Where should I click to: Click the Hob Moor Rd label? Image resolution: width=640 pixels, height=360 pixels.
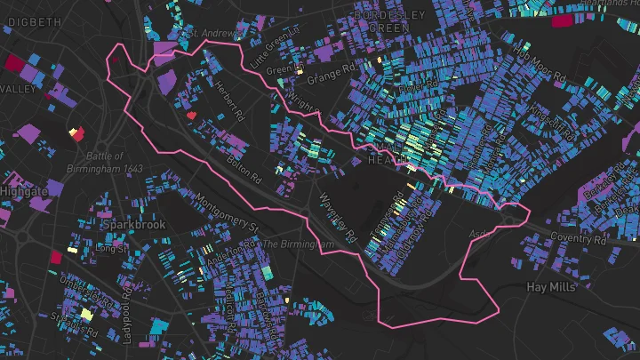[x=540, y=66]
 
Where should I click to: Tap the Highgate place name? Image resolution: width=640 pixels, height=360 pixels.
[x=24, y=192]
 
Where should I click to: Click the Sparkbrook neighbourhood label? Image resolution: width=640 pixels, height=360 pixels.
[x=134, y=225]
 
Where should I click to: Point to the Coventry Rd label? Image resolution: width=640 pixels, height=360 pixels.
[x=577, y=238]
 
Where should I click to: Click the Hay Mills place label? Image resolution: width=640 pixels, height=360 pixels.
[x=552, y=287]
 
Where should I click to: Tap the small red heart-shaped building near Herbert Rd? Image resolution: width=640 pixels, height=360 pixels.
[x=191, y=115]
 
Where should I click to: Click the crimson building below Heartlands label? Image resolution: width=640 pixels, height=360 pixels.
[x=562, y=20]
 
